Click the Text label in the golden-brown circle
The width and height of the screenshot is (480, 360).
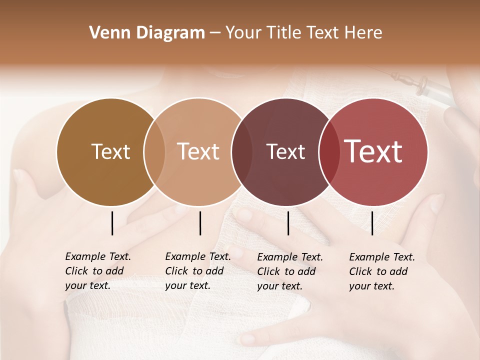click(110, 151)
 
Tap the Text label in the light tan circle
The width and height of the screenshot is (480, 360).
click(198, 151)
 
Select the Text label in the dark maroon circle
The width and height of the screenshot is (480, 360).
click(286, 151)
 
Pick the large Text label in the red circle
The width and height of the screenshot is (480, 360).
click(373, 151)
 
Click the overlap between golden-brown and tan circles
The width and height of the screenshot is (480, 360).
click(154, 152)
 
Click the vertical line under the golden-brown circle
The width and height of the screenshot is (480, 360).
click(112, 223)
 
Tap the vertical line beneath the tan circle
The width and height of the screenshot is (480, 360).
click(200, 223)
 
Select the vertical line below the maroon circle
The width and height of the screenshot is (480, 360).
click(288, 223)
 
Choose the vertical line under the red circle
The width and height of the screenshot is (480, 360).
click(372, 223)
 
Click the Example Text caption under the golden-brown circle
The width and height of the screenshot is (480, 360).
click(97, 271)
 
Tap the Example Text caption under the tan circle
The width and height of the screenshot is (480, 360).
click(197, 271)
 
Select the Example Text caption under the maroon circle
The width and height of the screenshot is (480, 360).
click(289, 271)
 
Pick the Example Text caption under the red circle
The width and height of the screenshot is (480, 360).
click(381, 271)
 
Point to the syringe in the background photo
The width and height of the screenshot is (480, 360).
click(425, 85)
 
